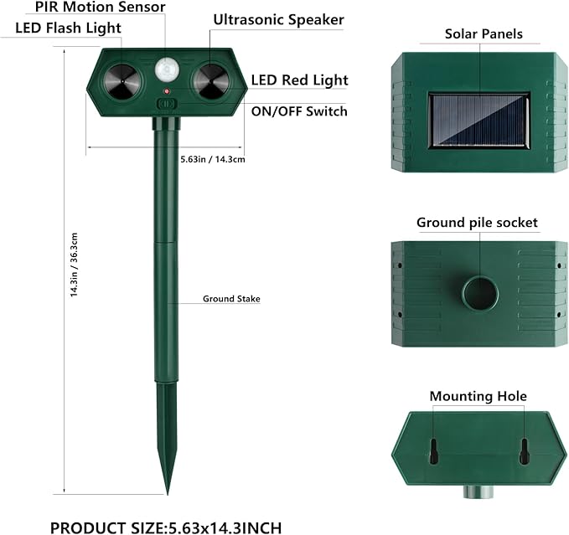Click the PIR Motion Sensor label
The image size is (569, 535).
coord(101,7)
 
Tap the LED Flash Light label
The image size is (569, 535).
coord(68,28)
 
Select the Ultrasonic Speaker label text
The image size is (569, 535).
coord(279,20)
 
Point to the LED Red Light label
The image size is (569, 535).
coord(299,80)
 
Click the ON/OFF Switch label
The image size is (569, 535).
coord(299,111)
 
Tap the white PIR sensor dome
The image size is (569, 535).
coord(168,69)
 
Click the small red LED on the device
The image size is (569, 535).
coord(167,91)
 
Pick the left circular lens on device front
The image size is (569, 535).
coord(122,82)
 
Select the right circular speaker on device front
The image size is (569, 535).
coord(211,82)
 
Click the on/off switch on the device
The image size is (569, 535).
coord(167,104)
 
